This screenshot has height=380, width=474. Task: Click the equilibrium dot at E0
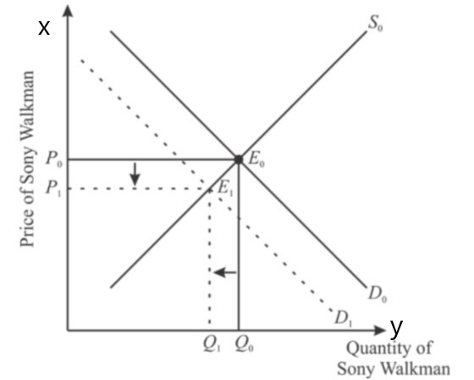click(x=239, y=159)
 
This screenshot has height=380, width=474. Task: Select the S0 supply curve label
click(x=375, y=24)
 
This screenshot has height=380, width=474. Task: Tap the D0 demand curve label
click(x=378, y=294)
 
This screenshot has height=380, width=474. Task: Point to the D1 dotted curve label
click(x=344, y=318)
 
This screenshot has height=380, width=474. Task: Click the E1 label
click(x=225, y=188)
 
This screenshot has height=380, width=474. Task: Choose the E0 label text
click(x=256, y=159)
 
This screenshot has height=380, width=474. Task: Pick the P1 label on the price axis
click(x=53, y=189)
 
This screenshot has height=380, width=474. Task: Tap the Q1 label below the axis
click(x=212, y=345)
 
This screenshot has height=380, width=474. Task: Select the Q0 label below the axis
click(x=245, y=345)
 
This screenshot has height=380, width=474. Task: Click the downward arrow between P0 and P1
click(x=135, y=174)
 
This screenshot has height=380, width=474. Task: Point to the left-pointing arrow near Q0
click(x=225, y=272)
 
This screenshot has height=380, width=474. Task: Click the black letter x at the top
click(x=44, y=28)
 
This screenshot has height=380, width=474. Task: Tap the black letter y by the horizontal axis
click(x=396, y=328)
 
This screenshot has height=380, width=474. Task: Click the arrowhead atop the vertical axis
click(x=68, y=11)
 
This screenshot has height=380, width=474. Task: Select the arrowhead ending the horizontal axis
click(x=380, y=330)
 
